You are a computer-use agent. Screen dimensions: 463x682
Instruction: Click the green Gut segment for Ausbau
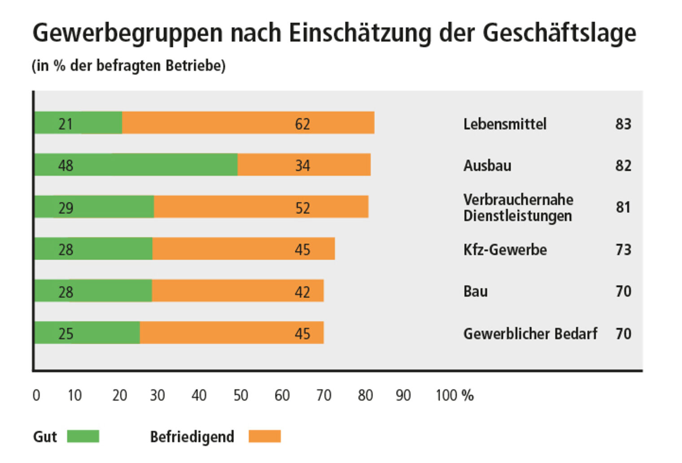136,164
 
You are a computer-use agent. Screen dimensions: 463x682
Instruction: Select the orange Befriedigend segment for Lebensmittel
248,123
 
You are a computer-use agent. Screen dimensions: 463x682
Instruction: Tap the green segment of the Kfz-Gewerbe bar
93,249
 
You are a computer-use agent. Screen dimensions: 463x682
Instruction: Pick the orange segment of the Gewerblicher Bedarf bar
232,333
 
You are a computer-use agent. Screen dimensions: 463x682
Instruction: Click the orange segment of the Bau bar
237,291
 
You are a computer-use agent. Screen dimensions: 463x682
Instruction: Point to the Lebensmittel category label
505,124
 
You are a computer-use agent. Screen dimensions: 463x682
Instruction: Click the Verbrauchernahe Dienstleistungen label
518,208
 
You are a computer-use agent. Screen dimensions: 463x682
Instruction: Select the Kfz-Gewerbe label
505,249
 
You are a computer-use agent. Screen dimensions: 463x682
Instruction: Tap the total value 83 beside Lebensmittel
623,124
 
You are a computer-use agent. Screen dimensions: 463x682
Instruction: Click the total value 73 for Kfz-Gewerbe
623,249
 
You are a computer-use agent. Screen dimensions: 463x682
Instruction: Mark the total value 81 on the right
623,208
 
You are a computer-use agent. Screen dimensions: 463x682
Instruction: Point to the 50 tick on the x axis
241,395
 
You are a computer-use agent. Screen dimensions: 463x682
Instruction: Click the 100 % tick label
454,395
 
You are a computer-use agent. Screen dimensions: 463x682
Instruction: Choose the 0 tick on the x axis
36,395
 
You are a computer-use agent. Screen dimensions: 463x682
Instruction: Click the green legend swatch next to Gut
83,436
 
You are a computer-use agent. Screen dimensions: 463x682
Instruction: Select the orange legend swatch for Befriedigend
265,436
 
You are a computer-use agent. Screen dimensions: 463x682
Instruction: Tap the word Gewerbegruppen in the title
127,33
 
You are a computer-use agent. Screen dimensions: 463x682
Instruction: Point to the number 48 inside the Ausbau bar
66,166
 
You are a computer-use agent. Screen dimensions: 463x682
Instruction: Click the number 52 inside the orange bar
302,208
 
